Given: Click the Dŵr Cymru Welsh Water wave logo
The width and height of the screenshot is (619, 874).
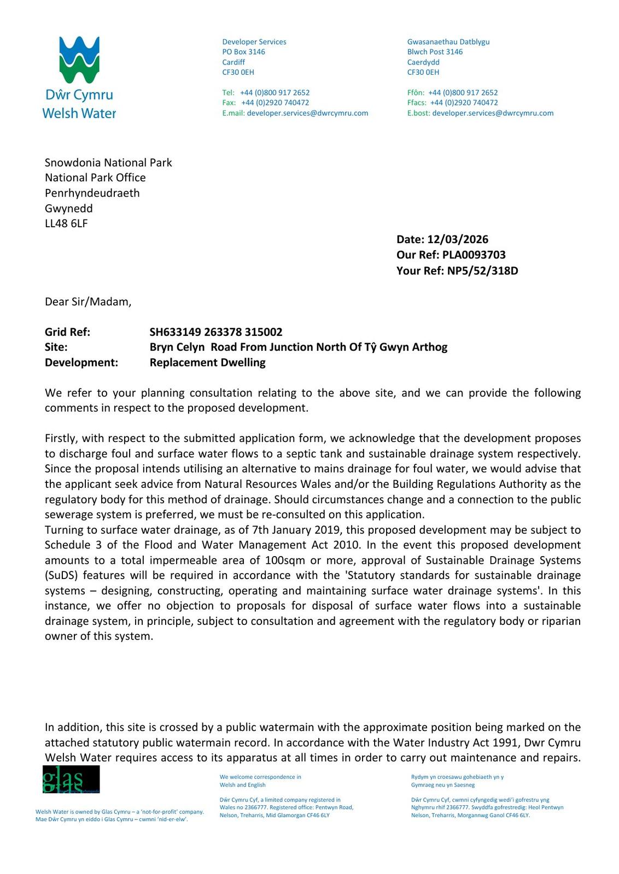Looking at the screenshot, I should pos(79,60).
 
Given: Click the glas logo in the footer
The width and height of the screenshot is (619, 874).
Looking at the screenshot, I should pos(71,779).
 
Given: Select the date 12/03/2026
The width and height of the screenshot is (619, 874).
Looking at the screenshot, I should pos(458,239).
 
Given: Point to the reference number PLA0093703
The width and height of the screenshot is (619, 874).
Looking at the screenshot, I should pos(474,255).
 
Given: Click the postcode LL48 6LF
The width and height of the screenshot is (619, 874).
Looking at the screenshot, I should pos(66,223).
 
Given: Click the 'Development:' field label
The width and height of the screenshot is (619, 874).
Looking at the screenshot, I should pos(81,363).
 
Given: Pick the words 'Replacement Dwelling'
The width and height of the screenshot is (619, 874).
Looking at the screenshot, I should pos(207,363).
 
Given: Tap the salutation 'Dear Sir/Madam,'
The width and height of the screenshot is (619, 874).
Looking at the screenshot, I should pos(88,302).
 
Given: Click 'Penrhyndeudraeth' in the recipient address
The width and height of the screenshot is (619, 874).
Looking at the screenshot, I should pos(92,193).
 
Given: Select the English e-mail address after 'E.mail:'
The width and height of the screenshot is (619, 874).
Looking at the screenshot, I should pos(307,113).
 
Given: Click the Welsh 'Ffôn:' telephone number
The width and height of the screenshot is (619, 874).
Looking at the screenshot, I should pos(463,92).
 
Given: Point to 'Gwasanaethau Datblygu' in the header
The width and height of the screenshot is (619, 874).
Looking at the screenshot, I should pos(448,42).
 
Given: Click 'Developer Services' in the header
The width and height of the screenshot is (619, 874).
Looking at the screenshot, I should pos(254,42).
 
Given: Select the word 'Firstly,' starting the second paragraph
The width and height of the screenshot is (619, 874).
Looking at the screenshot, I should pos(62,438).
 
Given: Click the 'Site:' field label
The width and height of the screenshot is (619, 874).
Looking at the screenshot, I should pos(56,347).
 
